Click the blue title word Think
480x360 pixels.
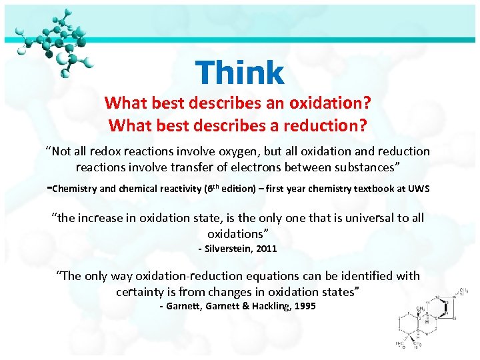coord(240,72)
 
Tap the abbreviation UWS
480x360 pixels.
coord(417,189)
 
